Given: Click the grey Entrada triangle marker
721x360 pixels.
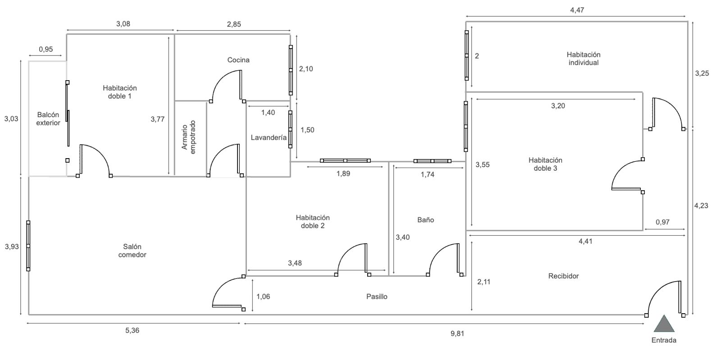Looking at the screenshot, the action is point(664,324).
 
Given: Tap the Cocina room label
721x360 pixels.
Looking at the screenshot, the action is point(238,60).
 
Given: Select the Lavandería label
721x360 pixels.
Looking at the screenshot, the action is point(269,138).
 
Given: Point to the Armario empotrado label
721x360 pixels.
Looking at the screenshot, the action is point(189,137).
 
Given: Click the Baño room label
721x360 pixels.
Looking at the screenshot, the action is point(425,220).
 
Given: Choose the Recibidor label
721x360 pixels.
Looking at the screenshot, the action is point(563,276).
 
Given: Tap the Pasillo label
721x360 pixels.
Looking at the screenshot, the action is point(377,296).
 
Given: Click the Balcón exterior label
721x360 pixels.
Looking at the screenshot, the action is point(48,118).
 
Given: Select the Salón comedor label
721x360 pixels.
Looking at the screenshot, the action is point(132,251).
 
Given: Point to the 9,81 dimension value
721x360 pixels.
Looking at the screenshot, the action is point(457,333).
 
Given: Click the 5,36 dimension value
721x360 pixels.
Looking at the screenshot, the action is point(132,330).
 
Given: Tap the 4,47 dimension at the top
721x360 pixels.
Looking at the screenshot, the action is point(577,10).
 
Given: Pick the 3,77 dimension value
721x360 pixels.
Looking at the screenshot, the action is point(157,119).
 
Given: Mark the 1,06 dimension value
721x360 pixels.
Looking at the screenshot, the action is point(263,296).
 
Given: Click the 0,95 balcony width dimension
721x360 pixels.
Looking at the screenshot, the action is point(46,49).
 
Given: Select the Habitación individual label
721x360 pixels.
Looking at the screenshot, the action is point(583,59).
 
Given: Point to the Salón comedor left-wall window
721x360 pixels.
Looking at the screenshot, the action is point(28,246).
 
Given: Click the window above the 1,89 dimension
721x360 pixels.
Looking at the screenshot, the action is point(345,160).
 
